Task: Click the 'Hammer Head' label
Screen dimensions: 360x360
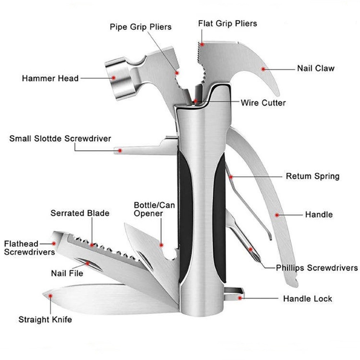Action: click(x=50, y=78)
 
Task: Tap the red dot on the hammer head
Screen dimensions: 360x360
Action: click(x=113, y=78)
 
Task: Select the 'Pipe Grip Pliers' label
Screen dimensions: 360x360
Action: click(x=140, y=27)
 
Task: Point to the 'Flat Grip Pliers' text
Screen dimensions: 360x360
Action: click(x=228, y=23)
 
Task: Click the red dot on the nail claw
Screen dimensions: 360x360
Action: click(x=263, y=69)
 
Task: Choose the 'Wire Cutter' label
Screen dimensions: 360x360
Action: click(x=263, y=103)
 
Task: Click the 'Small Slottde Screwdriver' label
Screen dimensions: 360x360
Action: click(x=60, y=139)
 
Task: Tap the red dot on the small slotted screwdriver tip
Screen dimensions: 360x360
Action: click(x=120, y=150)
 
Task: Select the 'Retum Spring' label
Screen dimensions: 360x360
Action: click(x=312, y=176)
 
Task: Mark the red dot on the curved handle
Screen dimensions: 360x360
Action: click(x=277, y=215)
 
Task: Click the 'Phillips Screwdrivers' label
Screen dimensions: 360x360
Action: click(x=317, y=268)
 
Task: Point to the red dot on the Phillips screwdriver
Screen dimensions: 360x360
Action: click(x=251, y=249)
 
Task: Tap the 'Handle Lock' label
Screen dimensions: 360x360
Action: click(x=307, y=298)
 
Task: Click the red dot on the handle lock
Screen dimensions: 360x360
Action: click(x=240, y=298)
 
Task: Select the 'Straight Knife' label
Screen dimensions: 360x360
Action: click(x=45, y=319)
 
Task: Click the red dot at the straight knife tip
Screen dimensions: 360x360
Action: click(x=50, y=296)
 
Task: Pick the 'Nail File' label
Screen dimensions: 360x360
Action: click(x=67, y=273)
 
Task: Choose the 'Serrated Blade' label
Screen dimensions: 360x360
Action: click(x=80, y=213)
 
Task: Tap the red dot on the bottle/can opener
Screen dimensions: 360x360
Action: click(x=161, y=245)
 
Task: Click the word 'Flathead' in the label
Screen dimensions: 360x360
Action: click(x=21, y=244)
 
